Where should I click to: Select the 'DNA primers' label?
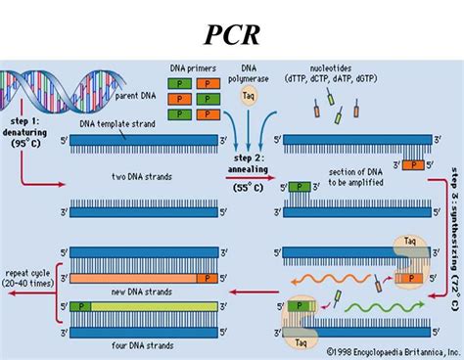(194, 66)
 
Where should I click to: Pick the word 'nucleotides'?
(324, 65)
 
